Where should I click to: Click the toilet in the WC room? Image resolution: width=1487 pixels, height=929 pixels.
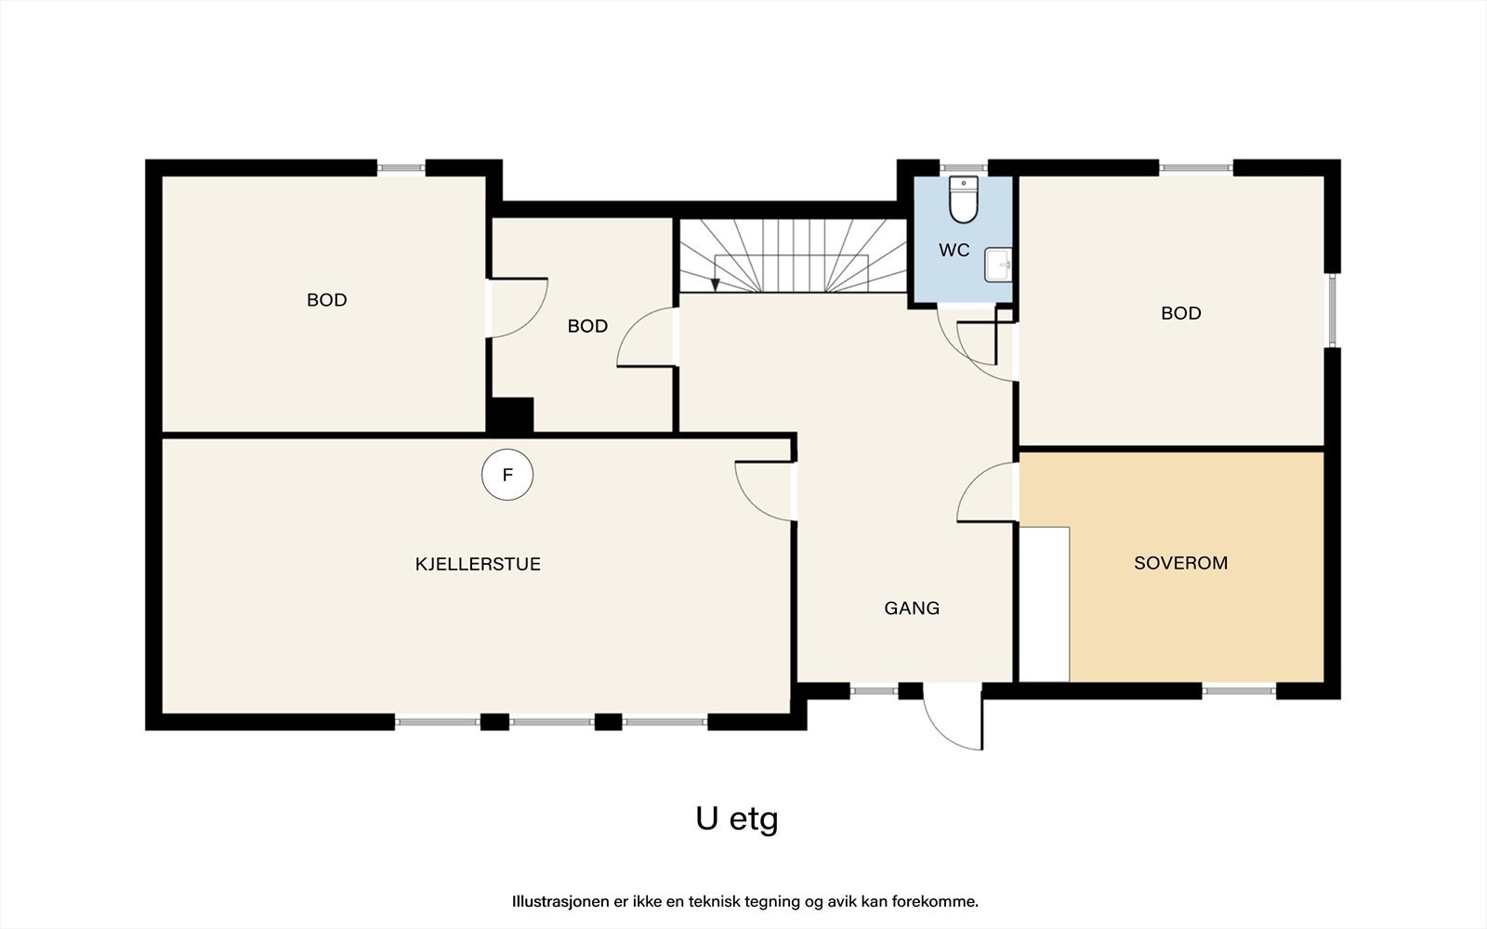[x=963, y=199]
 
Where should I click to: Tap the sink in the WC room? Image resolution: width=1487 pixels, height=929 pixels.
[x=998, y=265]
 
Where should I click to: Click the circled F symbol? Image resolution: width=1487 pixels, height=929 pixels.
[x=507, y=475]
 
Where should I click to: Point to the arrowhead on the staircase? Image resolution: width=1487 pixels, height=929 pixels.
[x=715, y=284]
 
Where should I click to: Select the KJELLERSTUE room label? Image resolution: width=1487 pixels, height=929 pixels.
[x=478, y=564]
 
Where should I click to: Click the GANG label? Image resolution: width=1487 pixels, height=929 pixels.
[x=912, y=608]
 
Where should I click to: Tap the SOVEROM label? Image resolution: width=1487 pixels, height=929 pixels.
[x=1181, y=563]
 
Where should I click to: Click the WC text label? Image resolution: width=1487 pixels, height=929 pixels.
[x=954, y=250]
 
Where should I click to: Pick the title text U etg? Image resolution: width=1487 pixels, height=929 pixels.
[x=737, y=819]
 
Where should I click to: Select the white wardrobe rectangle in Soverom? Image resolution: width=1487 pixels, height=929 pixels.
[x=1045, y=604]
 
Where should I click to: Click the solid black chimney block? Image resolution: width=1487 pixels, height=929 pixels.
[x=510, y=415]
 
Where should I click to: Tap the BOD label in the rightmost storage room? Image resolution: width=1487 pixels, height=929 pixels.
[x=1181, y=313]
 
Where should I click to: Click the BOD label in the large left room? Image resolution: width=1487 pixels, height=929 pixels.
[x=326, y=300]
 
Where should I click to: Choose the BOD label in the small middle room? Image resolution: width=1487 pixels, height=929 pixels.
[x=587, y=326]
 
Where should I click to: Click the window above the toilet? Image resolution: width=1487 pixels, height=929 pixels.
[x=963, y=168]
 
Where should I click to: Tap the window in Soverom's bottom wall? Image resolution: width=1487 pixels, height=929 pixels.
[x=1239, y=691]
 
